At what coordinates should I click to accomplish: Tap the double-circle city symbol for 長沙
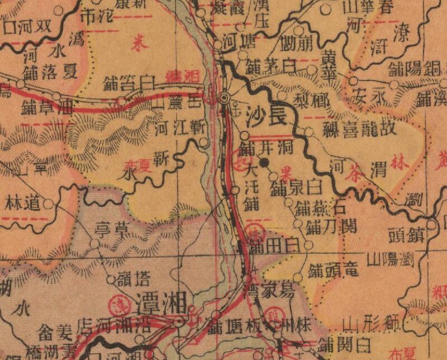point(225,98)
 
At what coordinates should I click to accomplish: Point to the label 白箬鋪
point(129,85)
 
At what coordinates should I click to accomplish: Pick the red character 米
point(136,45)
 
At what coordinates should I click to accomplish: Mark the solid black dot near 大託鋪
point(265,163)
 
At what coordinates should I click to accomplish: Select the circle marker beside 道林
point(49,204)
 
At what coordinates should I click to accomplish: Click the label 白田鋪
point(274,244)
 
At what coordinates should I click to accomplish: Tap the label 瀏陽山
point(390,259)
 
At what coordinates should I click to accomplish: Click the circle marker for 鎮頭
point(432,225)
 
